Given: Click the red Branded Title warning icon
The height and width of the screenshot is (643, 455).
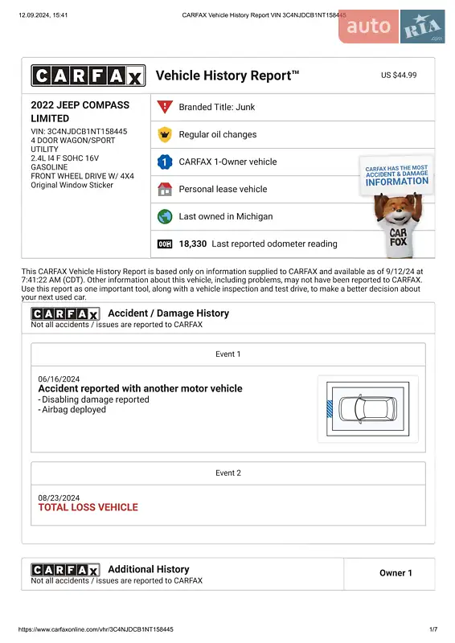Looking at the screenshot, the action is click(165, 107).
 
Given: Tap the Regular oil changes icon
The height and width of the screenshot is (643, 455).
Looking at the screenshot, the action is click(165, 134).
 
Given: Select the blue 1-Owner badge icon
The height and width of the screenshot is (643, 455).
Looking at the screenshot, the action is click(165, 162).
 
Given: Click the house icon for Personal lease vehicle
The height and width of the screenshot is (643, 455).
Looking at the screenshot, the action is click(165, 189).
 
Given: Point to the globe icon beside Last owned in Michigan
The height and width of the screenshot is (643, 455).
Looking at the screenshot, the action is click(165, 216).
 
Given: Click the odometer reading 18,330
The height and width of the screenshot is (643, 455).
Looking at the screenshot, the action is click(193, 244).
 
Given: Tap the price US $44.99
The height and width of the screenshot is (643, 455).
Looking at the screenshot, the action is click(399, 75).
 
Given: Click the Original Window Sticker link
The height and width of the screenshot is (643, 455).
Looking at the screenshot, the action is click(72, 185).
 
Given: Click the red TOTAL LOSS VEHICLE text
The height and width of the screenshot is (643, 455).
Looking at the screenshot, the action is click(88, 507).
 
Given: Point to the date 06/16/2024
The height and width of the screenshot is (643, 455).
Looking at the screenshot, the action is click(59, 379).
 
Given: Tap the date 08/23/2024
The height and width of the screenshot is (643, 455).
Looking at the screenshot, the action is click(59, 498).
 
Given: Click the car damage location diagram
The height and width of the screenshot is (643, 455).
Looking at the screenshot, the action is click(367, 408).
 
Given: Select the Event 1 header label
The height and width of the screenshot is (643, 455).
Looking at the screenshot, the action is click(227, 354).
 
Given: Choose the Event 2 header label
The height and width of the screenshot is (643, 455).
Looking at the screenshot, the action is click(227, 473).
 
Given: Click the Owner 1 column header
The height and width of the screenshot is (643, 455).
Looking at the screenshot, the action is click(396, 573).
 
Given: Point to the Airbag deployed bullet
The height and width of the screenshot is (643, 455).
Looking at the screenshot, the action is click(74, 409).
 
